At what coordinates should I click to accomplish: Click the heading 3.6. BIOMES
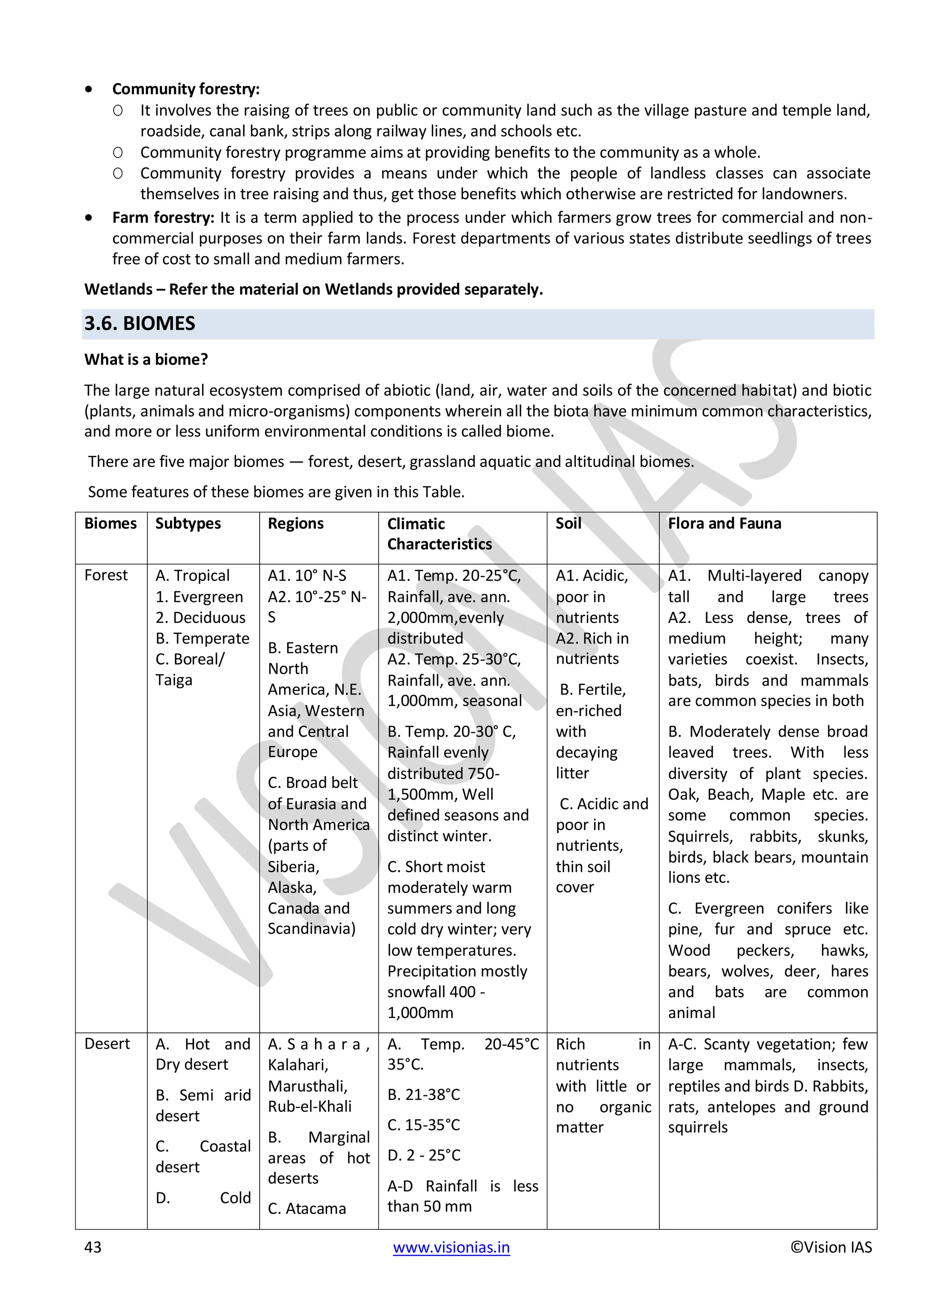click(140, 324)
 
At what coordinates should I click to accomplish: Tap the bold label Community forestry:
click(186, 89)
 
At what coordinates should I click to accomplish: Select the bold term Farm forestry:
click(163, 218)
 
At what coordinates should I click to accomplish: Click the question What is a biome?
click(146, 359)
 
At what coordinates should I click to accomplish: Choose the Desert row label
click(107, 1043)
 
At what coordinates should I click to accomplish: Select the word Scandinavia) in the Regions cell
click(311, 929)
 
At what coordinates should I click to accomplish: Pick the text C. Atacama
click(307, 1209)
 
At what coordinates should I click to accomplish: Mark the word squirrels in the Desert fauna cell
click(698, 1128)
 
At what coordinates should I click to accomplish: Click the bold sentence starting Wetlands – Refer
click(313, 289)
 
